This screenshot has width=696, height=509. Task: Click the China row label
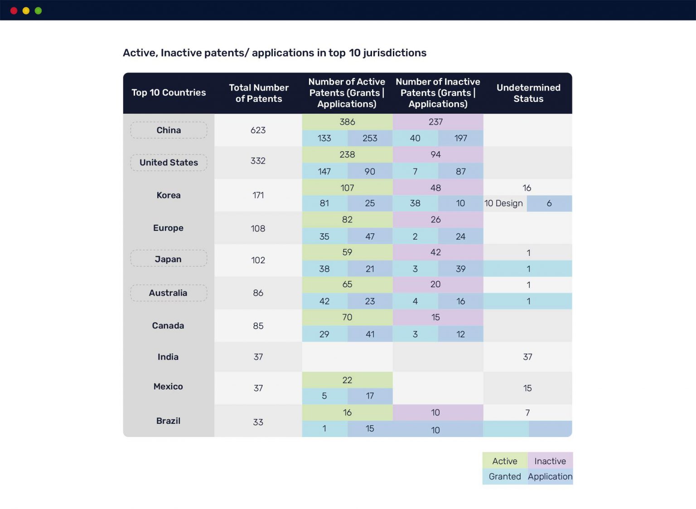coord(169,130)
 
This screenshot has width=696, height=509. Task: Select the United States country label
coord(169,163)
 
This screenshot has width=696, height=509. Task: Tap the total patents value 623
coord(258,130)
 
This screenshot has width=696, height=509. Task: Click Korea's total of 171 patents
coord(258,195)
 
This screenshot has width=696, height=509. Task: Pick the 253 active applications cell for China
coord(370,138)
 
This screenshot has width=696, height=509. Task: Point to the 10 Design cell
coord(503,203)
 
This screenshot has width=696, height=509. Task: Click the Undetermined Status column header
coord(528,93)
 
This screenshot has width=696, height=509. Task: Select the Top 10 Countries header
coord(169,92)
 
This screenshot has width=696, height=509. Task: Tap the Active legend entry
coord(505,461)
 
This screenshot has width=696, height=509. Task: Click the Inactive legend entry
coord(550,461)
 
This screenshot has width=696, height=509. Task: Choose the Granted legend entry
coord(505,476)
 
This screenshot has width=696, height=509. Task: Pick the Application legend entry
coord(550,476)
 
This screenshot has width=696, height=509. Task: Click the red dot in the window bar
coord(14,11)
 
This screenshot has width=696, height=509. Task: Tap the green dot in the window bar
coord(38,11)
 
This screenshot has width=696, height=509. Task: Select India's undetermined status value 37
coord(527,357)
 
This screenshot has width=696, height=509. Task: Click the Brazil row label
coord(168,421)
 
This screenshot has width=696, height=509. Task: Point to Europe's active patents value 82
coord(347,220)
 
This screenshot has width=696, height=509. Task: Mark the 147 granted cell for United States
coord(324,171)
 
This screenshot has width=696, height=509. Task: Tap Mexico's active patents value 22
coord(347,380)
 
